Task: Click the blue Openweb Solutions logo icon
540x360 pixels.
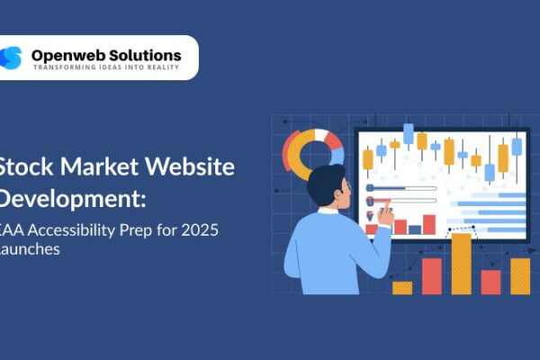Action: (12, 58)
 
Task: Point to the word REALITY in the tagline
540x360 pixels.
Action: (163, 69)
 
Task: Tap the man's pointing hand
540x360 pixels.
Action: (385, 213)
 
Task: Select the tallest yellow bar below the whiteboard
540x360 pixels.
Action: (461, 264)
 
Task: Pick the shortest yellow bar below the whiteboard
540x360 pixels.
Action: (402, 288)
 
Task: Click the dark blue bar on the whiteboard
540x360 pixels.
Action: (414, 229)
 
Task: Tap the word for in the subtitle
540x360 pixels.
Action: (166, 230)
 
